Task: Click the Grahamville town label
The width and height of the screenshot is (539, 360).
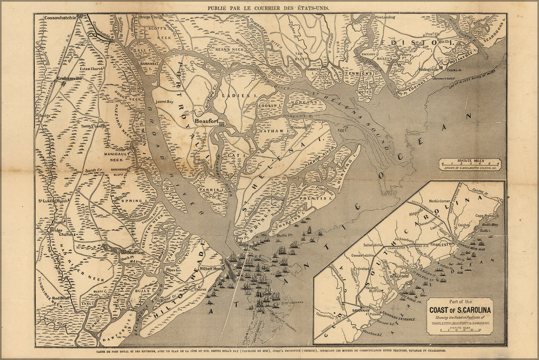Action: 69,79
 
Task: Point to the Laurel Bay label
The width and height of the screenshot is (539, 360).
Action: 165,102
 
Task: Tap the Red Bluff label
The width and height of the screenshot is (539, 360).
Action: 61,298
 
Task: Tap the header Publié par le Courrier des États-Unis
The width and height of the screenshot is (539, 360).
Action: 269,8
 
